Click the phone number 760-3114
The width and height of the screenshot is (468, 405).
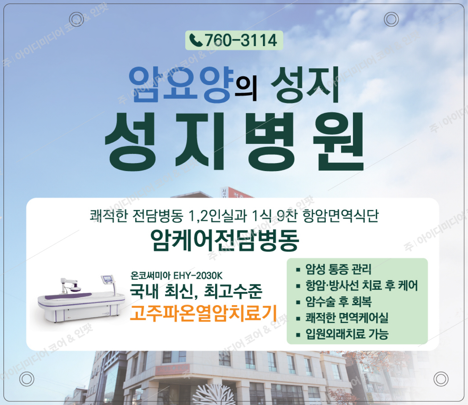(241, 40)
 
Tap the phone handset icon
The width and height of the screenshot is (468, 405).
(196, 40)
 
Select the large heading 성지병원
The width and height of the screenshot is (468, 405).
(234, 142)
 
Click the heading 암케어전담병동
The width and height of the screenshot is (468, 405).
(225, 241)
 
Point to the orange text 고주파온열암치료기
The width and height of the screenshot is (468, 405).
(203, 313)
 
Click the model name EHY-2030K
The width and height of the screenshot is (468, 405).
(198, 276)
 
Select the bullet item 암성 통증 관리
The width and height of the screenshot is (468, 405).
(338, 269)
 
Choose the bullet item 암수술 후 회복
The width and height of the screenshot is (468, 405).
(338, 302)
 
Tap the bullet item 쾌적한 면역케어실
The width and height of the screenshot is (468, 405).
(347, 318)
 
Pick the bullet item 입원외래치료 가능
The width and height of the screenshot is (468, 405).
(347, 334)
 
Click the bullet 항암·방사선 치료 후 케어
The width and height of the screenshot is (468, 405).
(361, 285)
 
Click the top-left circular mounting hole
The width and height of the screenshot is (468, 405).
(76, 19)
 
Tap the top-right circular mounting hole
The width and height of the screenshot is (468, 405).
(391, 19)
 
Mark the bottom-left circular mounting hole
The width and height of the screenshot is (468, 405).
(26, 379)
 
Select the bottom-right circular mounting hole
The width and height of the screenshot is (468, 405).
(441, 379)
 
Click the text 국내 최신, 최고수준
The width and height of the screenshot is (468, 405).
(196, 291)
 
